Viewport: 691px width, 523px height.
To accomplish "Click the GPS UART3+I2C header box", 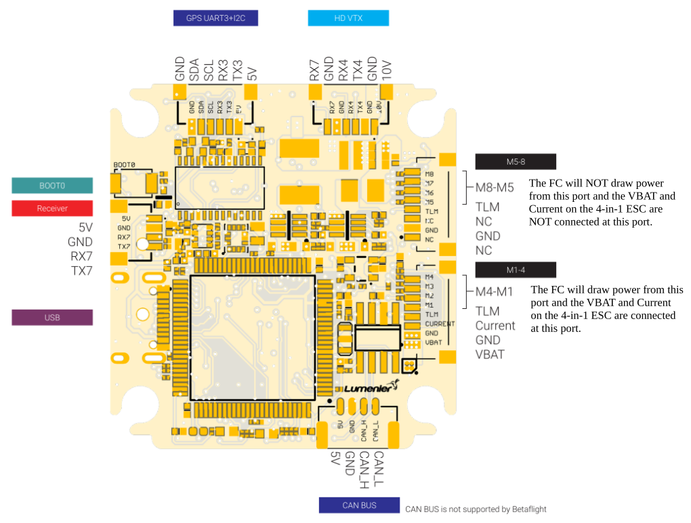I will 216,18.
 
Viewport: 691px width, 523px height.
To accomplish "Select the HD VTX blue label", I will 348,18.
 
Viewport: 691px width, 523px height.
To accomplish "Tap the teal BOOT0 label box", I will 52,186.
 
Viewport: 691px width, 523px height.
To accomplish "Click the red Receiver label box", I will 52,208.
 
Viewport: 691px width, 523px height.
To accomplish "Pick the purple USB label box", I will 52,317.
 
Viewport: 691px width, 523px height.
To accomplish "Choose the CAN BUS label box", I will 359,505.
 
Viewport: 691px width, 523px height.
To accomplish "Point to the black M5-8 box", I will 516,161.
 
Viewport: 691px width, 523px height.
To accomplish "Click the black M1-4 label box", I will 516,270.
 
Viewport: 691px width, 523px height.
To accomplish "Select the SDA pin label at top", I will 194,70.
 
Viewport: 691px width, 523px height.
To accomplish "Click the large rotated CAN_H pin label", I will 364,468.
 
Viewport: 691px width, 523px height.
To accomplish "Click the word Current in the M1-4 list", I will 495,326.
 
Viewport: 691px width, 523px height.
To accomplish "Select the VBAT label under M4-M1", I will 490,354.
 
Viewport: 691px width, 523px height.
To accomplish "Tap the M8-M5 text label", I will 495,188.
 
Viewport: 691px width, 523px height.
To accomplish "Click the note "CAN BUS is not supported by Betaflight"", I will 476,509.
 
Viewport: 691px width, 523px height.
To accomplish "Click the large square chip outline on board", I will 252,337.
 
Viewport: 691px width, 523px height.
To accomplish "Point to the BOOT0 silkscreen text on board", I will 124,165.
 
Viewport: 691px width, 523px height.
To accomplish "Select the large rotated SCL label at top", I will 209,70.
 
